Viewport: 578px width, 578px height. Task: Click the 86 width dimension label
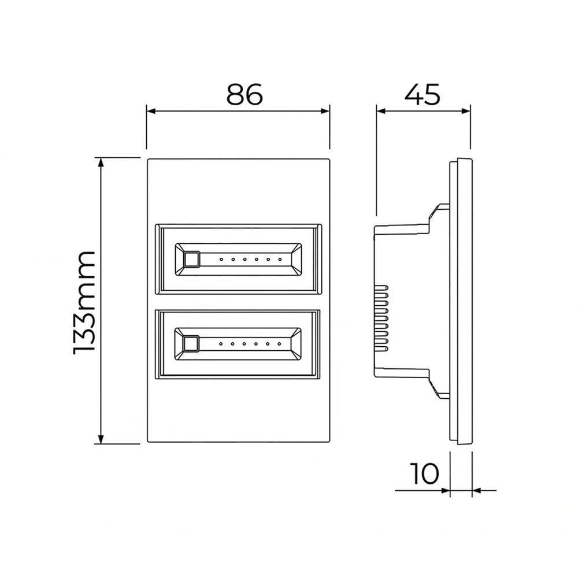pos(244,94)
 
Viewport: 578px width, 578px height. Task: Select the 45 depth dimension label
pos(423,94)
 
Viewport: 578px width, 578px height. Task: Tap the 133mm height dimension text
pos(85,303)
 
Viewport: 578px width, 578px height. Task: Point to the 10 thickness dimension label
pos(424,473)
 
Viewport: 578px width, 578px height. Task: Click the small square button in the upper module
pos(191,259)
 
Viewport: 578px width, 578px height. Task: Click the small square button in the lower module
pos(191,344)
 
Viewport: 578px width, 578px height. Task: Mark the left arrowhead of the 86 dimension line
pos(151,110)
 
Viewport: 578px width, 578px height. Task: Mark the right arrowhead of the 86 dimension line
pos(325,110)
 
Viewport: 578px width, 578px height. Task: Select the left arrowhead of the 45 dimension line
pos(381,110)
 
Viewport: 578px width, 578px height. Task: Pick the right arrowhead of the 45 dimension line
pos(466,110)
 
